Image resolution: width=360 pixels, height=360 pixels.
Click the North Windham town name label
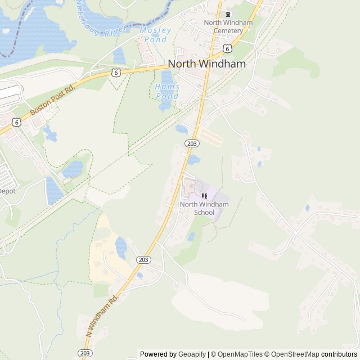[207, 64]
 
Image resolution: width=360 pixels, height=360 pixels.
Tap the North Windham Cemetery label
[228, 26]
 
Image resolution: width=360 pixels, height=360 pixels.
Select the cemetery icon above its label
[228, 15]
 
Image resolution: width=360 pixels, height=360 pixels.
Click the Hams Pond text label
[168, 91]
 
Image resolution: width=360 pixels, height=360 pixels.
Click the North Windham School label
[204, 208]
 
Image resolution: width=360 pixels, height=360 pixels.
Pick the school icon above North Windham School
[204, 196]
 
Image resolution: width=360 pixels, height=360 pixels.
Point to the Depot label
[7, 191]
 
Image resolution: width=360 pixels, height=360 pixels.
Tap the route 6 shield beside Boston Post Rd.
[17, 121]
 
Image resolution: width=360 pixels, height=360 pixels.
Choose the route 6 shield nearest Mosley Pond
[115, 73]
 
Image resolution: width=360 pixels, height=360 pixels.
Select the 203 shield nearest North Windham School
[192, 144]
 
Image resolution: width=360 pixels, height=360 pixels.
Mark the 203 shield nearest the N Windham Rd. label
[85, 353]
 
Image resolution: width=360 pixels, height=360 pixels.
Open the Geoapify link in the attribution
[192, 354]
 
